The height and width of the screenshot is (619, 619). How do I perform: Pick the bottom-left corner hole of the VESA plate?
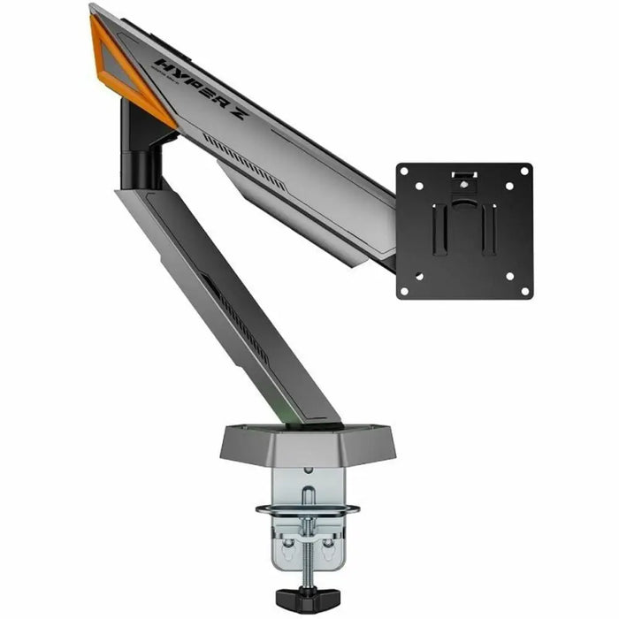[405, 290]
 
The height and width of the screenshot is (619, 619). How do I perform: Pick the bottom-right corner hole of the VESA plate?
[523, 290]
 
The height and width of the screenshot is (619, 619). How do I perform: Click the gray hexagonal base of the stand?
[307, 442]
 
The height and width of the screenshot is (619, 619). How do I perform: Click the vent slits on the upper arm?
[243, 159]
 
